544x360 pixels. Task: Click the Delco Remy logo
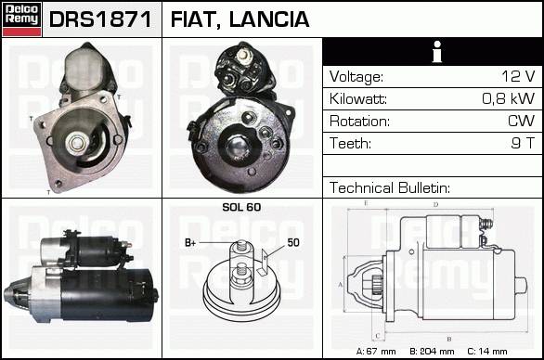(x=21, y=19)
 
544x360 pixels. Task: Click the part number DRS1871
(x=100, y=19)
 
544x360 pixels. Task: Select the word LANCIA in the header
(x=269, y=19)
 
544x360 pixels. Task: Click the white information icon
(x=437, y=52)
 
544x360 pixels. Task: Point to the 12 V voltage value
(x=518, y=76)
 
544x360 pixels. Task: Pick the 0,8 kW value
(x=509, y=98)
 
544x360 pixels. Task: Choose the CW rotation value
(x=522, y=121)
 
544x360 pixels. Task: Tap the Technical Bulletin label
(x=390, y=187)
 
